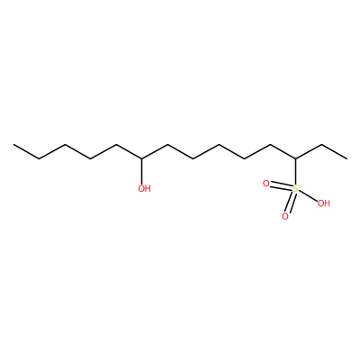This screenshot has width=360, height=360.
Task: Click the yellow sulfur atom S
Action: [x=295, y=189]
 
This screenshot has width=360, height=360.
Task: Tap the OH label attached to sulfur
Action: [x=324, y=203]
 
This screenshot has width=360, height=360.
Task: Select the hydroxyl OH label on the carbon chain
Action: [x=144, y=189]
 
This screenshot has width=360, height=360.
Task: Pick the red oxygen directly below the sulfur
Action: [x=285, y=216]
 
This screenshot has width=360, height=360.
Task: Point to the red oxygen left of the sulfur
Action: [x=265, y=184]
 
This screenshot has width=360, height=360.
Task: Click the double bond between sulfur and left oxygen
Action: [x=281, y=186]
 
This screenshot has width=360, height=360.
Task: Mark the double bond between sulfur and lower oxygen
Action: [x=290, y=202]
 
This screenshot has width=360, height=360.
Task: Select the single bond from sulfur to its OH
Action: [x=308, y=195]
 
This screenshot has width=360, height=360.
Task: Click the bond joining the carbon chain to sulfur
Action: [x=296, y=172]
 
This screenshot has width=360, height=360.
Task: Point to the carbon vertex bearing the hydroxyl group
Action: [x=142, y=158]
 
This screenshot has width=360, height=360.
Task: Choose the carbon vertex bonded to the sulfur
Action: [x=296, y=158]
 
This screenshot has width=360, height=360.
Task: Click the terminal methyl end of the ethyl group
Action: [x=347, y=158]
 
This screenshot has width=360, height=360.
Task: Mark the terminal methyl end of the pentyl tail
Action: [x=13, y=145]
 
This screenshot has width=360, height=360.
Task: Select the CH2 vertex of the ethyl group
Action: [x=321, y=145]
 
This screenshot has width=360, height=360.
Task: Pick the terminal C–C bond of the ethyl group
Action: [x=335, y=152]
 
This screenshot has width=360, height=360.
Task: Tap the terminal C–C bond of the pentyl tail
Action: [x=27, y=152]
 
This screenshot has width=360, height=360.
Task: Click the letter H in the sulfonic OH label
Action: [x=327, y=203]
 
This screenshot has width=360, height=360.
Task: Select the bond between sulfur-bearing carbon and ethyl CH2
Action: [x=309, y=152]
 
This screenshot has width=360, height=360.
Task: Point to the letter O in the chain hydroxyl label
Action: [x=141, y=189]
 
